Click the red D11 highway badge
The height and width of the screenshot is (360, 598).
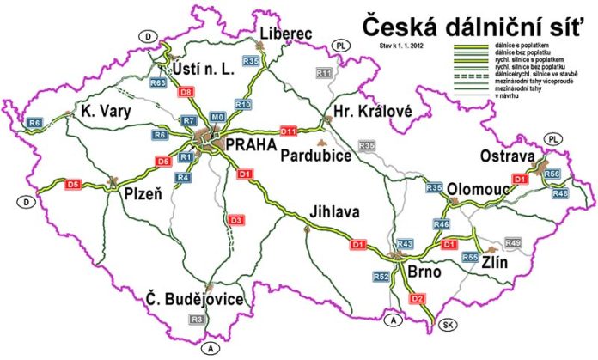(288, 131)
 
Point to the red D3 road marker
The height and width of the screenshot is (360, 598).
(235, 221)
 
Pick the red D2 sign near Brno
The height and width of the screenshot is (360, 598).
(418, 298)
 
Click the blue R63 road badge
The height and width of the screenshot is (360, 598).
(157, 83)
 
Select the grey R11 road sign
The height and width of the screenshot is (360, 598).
(323, 74)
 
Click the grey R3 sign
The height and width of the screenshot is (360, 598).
(197, 320)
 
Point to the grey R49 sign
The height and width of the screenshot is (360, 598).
(513, 245)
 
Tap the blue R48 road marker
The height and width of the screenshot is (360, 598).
(560, 193)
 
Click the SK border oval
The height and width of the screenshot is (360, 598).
(448, 326)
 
